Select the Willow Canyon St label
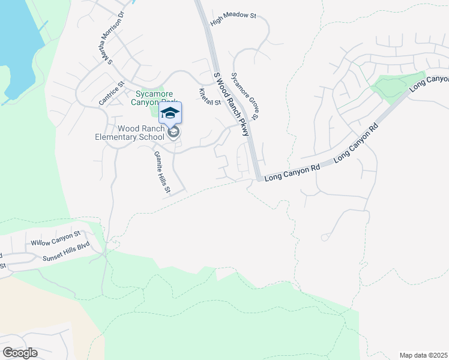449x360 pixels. (x=55, y=241)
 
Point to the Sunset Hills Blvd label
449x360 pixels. (x=65, y=257)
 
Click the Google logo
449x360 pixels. (x=20, y=353)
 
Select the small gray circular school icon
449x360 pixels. (x=173, y=133)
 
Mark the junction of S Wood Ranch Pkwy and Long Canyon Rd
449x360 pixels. (x=259, y=178)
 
